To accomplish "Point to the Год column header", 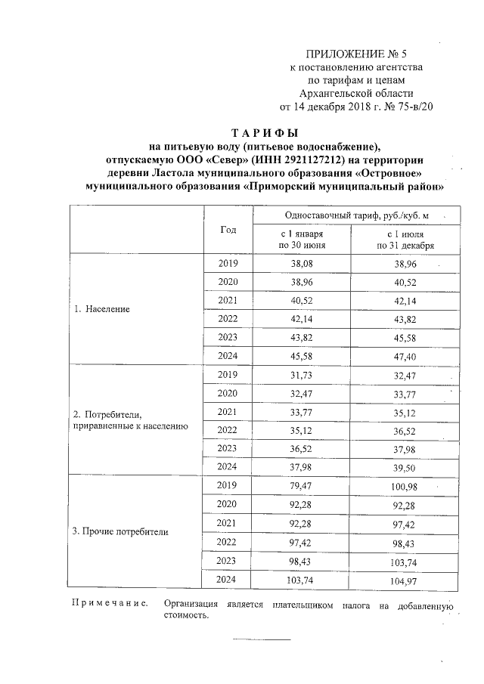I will [x=228, y=229].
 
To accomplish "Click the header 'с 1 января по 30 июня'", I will [x=301, y=240].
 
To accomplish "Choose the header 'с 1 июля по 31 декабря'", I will [x=404, y=240].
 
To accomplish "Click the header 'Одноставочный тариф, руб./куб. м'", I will [x=352, y=215].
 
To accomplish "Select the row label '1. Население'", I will [x=102, y=310].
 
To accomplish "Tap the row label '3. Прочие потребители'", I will [x=120, y=531].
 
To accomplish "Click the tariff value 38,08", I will [x=301, y=264].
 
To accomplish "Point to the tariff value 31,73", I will [x=301, y=375].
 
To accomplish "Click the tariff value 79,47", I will [x=301, y=486].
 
